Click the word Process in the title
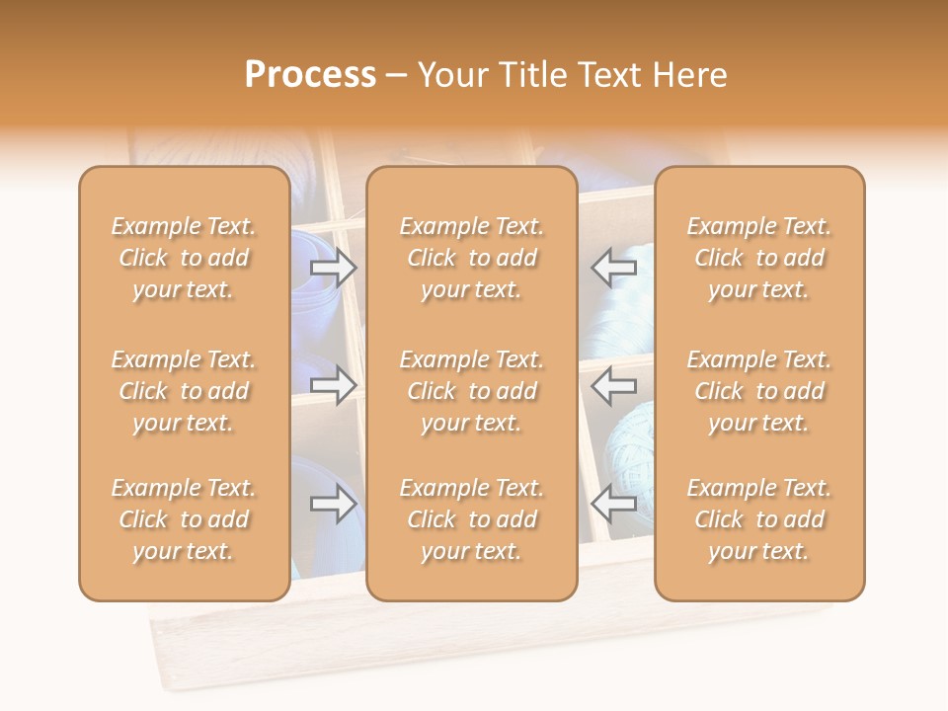pos(310,75)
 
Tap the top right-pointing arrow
pos(334,267)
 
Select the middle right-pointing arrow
pos(334,385)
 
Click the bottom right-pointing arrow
pos(334,505)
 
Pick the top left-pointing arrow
pos(614,267)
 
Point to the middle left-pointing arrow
pos(614,385)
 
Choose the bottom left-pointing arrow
pos(614,505)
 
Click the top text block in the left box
pos(184,258)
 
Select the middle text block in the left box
pos(184,391)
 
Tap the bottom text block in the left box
pos(184,519)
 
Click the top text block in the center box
pos(471,258)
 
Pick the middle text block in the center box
pos(471,391)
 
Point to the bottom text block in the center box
pos(471,519)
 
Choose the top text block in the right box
pos(759,258)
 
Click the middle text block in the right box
pos(759,391)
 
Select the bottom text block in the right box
pos(759,519)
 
